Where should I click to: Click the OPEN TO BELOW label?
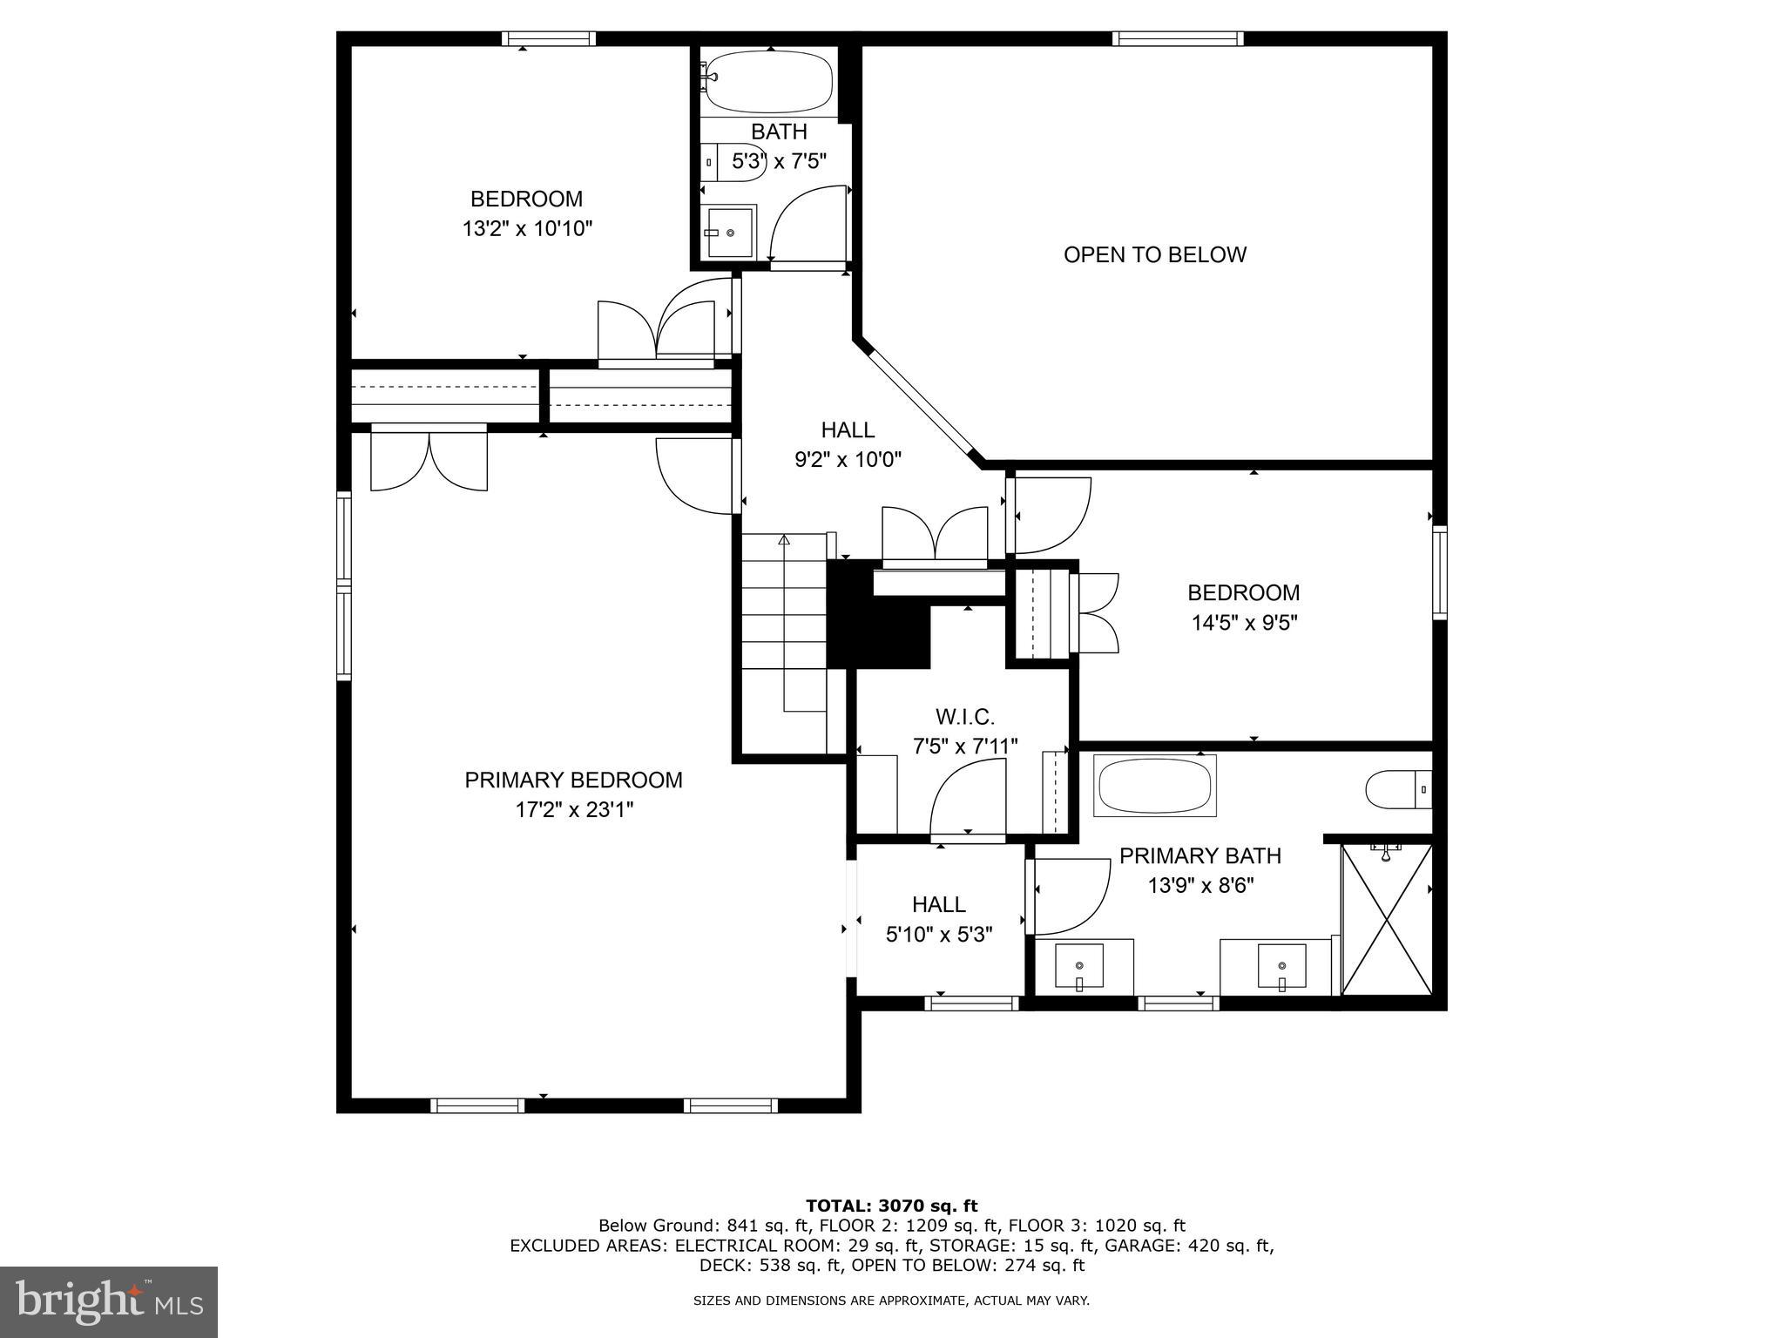point(1154,254)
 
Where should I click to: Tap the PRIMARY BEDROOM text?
point(573,780)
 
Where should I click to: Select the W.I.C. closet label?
point(964,717)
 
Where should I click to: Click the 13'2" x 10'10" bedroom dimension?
point(527,229)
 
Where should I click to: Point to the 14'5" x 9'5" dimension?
point(1244,623)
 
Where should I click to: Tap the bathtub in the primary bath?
point(1154,786)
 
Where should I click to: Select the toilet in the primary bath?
point(1396,790)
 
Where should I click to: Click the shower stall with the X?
point(1386,919)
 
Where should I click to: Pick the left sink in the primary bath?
point(1079,967)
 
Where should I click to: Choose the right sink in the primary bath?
point(1281,967)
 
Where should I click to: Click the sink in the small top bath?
point(730,233)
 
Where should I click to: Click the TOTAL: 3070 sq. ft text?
point(891,1206)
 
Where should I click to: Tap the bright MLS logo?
point(109,1301)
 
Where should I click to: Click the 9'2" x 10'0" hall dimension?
point(847,459)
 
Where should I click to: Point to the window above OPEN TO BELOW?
point(1178,38)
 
